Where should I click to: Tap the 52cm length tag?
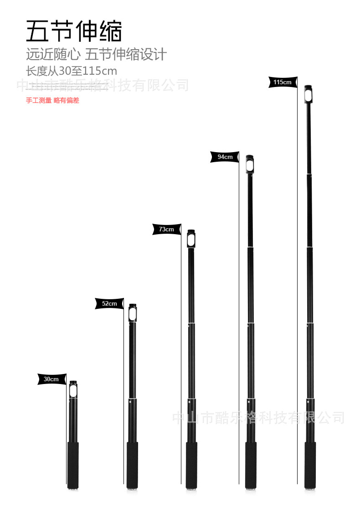[x=109, y=303]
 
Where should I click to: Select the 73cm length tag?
[x=166, y=230]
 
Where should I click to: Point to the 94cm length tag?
[x=225, y=157]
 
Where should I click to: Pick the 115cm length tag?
[x=283, y=82]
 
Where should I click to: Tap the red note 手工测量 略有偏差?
[x=52, y=100]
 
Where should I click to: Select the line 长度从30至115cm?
[x=72, y=71]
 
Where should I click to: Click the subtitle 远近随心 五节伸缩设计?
[x=96, y=55]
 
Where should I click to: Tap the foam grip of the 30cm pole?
[x=73, y=464]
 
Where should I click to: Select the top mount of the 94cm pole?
[x=250, y=164]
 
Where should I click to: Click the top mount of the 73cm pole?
[x=191, y=239]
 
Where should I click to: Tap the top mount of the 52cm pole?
[x=133, y=313]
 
